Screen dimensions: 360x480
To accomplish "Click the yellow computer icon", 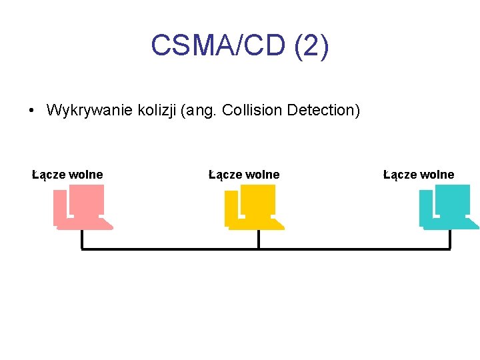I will (254, 207).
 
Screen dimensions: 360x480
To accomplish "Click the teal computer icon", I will (448, 207).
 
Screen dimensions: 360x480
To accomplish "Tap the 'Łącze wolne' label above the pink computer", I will (67, 175).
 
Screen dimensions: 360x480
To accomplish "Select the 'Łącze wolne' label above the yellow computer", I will (244, 175).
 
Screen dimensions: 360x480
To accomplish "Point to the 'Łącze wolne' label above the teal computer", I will (419, 175).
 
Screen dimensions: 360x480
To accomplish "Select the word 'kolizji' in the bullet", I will (157, 110).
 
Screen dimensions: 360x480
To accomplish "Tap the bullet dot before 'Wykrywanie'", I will (33, 111).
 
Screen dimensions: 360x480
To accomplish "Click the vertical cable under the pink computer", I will (82, 239).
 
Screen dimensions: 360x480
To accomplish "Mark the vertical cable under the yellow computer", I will (259, 239).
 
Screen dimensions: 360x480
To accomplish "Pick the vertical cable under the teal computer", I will (450, 239).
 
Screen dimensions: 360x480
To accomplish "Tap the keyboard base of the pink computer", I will (85, 226).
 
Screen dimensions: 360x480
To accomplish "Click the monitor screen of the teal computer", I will (453, 199).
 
